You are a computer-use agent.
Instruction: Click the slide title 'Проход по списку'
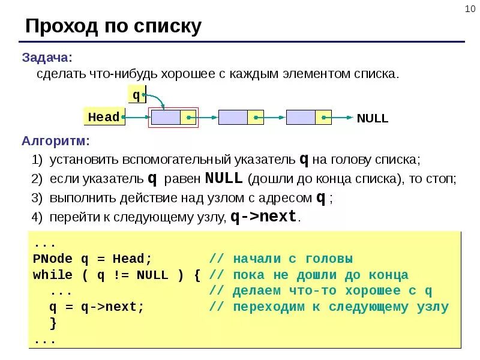pos(113,26)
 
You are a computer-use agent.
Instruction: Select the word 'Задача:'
pos(47,58)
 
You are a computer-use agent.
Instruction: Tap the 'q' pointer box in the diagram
pos(136,95)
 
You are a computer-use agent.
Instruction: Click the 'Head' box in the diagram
pos(104,117)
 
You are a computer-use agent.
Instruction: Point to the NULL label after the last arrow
pos(373,118)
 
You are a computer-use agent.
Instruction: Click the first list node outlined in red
pos(173,117)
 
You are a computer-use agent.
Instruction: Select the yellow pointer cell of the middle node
pos(256,117)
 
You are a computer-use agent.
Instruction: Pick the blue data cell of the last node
pos(301,117)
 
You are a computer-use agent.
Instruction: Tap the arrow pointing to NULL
pos(343,118)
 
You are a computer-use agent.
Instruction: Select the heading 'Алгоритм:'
pos(56,142)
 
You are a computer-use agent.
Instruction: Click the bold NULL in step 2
pos(224,178)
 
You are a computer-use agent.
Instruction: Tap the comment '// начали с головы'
pos(281,259)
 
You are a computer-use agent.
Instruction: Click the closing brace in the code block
pos(53,323)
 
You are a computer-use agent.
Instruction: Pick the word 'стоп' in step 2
pos(441,179)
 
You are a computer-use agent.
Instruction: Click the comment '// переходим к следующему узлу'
pos(329,307)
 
